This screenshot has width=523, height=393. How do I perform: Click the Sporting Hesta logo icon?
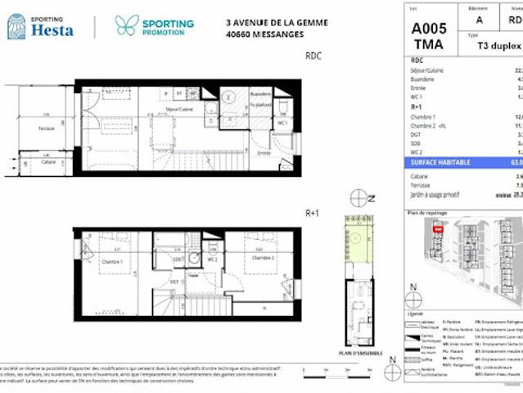click(x=16, y=26)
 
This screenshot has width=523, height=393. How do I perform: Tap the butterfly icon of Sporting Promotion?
click(x=127, y=25)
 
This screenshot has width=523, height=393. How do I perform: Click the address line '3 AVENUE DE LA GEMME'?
click(x=276, y=23)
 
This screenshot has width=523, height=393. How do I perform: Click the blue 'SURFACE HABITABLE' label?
click(x=440, y=163)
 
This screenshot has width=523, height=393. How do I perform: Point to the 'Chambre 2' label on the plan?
click(x=261, y=257)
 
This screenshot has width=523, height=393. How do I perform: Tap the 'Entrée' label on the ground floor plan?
click(x=264, y=152)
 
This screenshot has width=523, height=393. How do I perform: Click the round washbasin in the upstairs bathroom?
click(x=193, y=256)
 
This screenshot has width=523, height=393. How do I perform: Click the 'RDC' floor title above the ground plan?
click(x=313, y=56)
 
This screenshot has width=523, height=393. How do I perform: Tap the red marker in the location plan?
click(x=438, y=230)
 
